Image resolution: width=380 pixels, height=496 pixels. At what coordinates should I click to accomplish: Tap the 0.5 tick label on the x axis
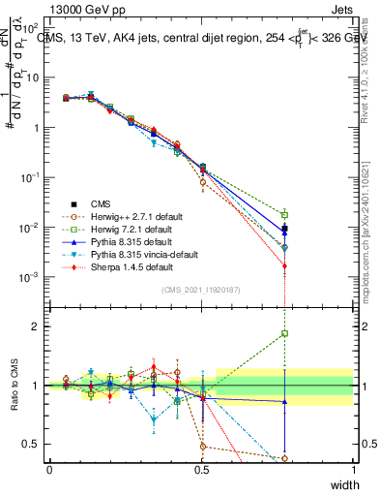point(201,469)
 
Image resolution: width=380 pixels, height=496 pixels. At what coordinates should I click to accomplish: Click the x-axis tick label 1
point(354,469)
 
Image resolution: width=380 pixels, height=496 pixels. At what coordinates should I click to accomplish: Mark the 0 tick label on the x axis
point(49,469)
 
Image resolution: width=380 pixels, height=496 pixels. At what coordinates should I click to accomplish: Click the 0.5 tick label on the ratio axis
point(33,445)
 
